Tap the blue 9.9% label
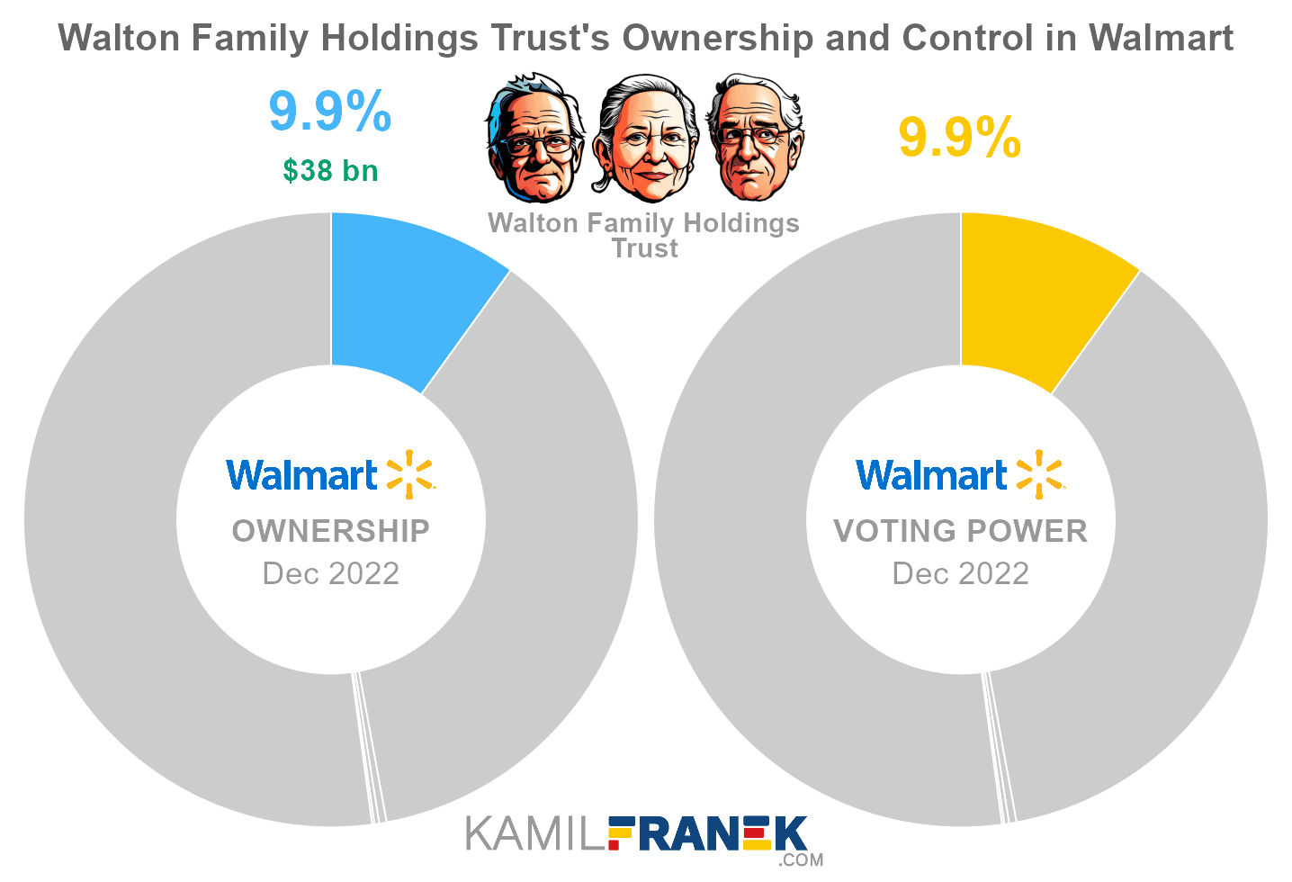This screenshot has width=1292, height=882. click(x=330, y=112)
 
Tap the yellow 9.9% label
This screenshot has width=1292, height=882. click(x=960, y=138)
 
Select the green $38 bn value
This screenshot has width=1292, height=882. click(x=330, y=170)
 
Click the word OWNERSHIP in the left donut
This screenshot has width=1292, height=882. click(x=330, y=531)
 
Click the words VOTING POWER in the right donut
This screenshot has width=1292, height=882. click(x=960, y=531)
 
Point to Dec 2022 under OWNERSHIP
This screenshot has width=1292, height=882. click(x=330, y=573)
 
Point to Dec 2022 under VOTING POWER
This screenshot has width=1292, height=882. click(x=960, y=573)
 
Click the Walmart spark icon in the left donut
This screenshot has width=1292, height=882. click(x=409, y=474)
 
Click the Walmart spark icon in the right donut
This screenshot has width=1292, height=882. click(x=1039, y=474)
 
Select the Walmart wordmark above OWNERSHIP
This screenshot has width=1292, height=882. click(x=301, y=475)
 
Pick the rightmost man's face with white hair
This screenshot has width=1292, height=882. click(x=754, y=139)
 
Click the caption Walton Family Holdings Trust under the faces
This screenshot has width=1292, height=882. click(x=643, y=235)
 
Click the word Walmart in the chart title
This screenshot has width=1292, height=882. click(x=1161, y=38)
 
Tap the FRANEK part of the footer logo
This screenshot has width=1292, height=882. click(x=707, y=833)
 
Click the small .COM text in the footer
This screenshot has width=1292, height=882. click(x=802, y=860)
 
